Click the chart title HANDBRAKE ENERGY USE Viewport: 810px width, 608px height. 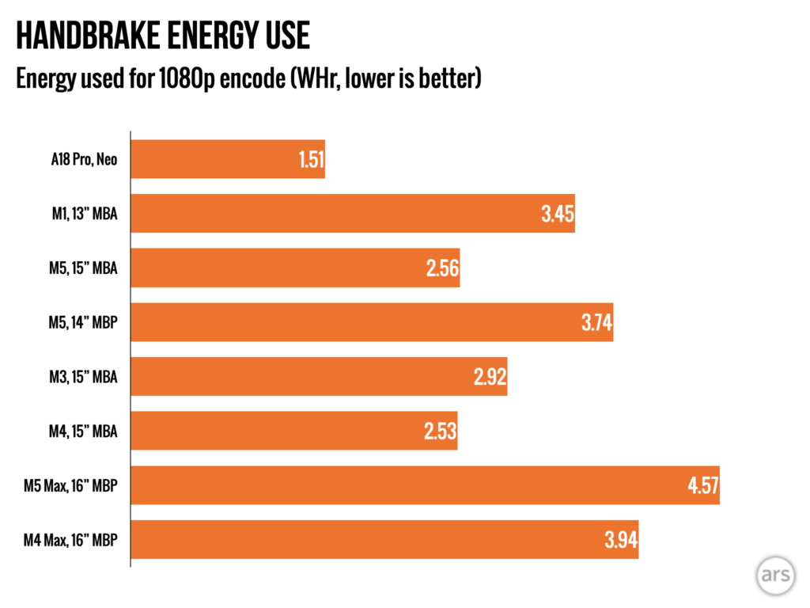pos(162,36)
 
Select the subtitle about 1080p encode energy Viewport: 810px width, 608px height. pos(248,80)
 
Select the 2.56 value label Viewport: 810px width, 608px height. pos(443,268)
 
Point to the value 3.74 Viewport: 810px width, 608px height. pos(596,323)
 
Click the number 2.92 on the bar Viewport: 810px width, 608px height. pos(490,377)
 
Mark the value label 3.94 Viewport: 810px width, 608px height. pos(622,540)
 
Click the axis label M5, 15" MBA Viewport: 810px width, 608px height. pos(83,268)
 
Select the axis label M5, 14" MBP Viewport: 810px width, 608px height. pos(82,323)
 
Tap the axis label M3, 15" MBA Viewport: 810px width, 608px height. pos(83,377)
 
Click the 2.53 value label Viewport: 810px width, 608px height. pos(441,431)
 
